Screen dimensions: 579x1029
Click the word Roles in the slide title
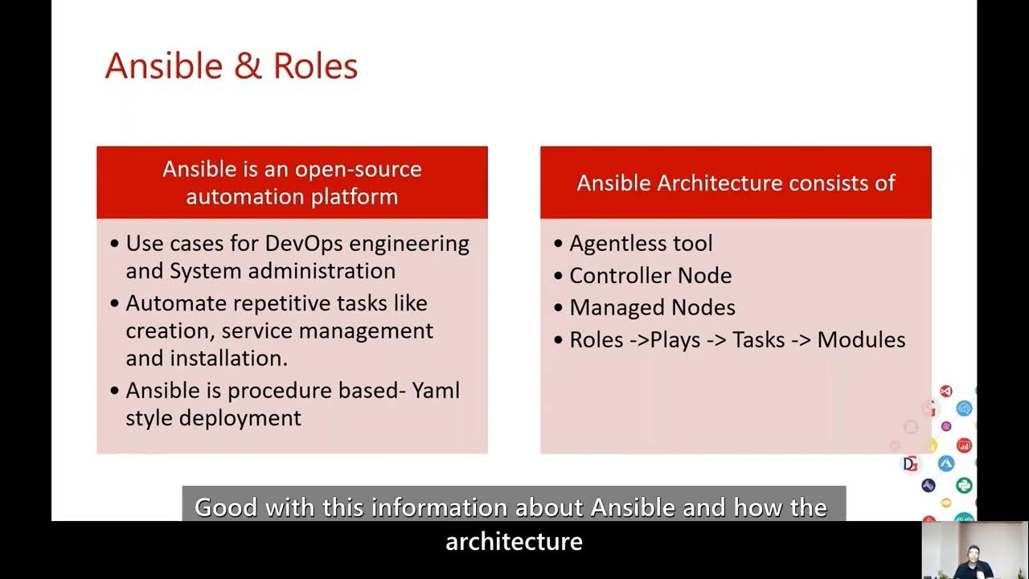[x=315, y=66]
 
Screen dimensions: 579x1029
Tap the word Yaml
[x=436, y=391]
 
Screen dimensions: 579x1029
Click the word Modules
[x=861, y=340]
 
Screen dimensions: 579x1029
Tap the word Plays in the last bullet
[x=675, y=340]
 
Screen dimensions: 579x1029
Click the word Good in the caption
[x=227, y=507]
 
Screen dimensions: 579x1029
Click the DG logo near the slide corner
[x=910, y=463]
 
